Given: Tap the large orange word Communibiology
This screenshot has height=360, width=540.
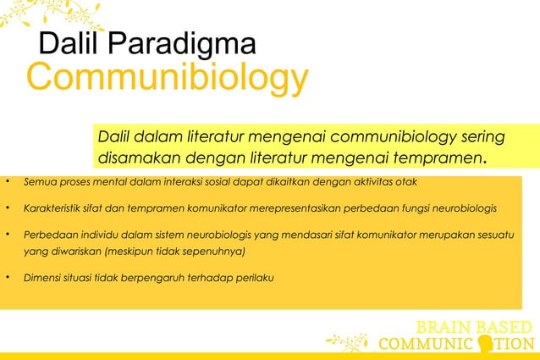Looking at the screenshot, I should (x=167, y=79).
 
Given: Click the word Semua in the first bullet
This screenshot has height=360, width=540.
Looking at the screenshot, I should (x=38, y=182).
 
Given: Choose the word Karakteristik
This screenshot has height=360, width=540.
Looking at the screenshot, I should (x=54, y=208).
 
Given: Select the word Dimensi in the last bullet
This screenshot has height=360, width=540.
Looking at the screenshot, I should (x=43, y=277).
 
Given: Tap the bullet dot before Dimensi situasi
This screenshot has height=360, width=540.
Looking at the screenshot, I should (x=6, y=277).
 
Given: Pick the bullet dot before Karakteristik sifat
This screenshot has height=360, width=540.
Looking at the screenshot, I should (x=6, y=208).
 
